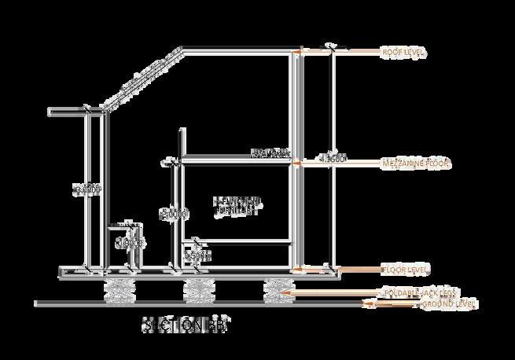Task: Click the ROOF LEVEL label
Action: (403, 52)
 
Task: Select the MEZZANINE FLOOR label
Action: (414, 163)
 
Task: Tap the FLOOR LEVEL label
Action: (405, 270)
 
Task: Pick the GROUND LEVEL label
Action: (449, 303)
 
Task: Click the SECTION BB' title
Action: (187, 325)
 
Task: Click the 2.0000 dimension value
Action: (173, 213)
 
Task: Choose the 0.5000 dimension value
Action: (197, 255)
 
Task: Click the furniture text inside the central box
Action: (236, 206)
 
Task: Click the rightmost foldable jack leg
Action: (277, 288)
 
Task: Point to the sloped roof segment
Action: (143, 79)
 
